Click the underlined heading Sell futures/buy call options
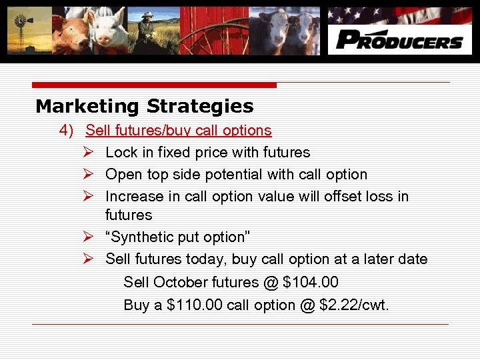tap(179, 130)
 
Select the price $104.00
tap(311, 283)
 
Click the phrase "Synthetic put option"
tap(176, 237)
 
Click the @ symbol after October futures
tap(271, 283)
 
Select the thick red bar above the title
tap(155, 85)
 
